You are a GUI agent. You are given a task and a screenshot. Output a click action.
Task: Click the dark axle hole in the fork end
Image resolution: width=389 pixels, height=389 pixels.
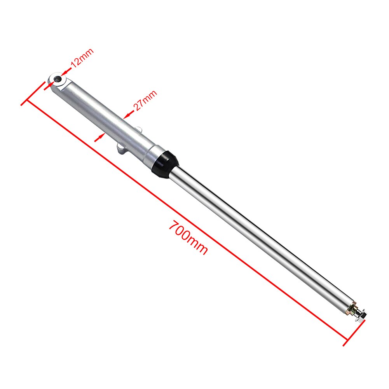58,79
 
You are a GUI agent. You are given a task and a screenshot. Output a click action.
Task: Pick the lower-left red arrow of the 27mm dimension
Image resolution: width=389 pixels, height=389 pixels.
99,137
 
